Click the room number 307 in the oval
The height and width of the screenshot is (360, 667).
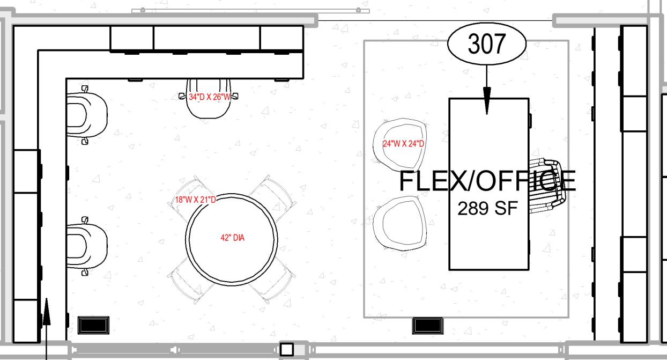(x=486, y=44)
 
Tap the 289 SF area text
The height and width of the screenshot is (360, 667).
(x=487, y=208)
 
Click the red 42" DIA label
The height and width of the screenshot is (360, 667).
(x=232, y=238)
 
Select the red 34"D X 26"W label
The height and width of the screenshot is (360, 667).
(x=210, y=97)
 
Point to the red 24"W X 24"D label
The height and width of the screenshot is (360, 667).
(x=403, y=144)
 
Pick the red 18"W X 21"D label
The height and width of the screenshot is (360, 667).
(x=195, y=200)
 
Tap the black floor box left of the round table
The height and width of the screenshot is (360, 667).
(x=93, y=325)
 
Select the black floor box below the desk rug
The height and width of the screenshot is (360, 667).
(x=427, y=326)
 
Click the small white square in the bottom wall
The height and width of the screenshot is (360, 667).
(x=287, y=350)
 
